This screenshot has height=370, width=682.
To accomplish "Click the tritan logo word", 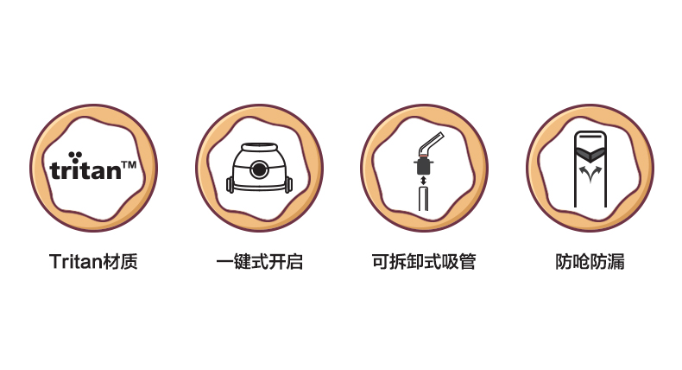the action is (x=85, y=170).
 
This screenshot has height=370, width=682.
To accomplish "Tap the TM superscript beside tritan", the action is (x=129, y=165).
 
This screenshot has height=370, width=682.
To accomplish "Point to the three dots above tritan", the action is (x=75, y=156).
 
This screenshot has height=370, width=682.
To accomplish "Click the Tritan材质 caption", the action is (x=93, y=261).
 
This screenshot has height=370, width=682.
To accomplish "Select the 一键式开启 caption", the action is (x=259, y=261).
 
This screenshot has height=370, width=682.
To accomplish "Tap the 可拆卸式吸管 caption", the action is (x=424, y=261).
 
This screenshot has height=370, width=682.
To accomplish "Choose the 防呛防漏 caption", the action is (x=590, y=261).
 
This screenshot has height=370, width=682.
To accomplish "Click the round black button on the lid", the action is (x=259, y=169).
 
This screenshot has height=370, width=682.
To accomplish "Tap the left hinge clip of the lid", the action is (x=230, y=184).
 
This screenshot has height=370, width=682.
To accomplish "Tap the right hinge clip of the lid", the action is (x=288, y=184).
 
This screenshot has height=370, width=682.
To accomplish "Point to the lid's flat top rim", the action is (x=259, y=146).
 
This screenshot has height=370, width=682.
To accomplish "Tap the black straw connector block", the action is (x=424, y=166).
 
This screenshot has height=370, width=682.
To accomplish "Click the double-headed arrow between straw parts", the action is (x=424, y=180).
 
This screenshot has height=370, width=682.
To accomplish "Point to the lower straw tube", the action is (x=424, y=199).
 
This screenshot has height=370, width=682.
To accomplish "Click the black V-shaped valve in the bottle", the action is (x=590, y=153).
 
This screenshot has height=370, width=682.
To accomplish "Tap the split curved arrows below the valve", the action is (x=590, y=174).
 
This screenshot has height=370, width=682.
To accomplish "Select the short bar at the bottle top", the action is (x=590, y=136).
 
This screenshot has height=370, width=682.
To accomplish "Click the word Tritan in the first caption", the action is (x=76, y=261).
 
